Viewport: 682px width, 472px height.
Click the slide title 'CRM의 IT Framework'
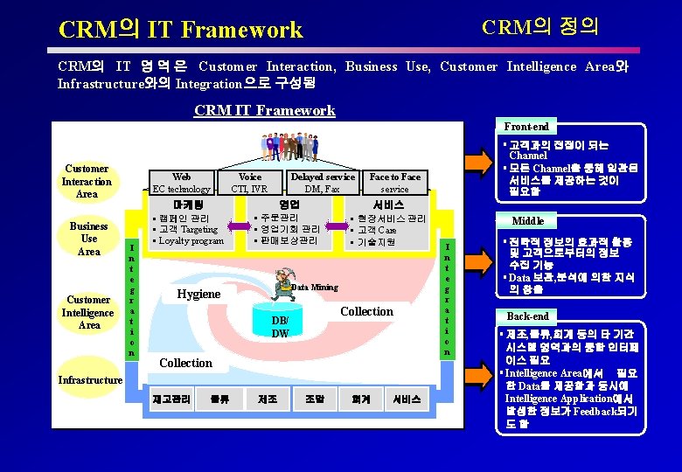click(x=180, y=30)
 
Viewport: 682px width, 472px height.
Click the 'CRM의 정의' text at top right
click(x=540, y=25)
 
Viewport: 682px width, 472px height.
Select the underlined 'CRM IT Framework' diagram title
click(x=264, y=110)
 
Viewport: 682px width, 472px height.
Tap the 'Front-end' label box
click(x=526, y=127)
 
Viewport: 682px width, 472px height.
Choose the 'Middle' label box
click(x=527, y=221)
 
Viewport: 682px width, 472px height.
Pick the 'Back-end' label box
click(x=528, y=316)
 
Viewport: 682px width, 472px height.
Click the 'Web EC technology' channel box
click(x=182, y=183)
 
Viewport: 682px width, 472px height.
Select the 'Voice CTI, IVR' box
click(x=249, y=183)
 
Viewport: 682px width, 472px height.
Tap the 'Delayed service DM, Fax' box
click(x=322, y=183)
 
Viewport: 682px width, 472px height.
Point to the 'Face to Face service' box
click(x=394, y=183)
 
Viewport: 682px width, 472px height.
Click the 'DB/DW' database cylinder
click(x=280, y=325)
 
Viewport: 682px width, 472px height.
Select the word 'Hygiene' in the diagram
click(x=198, y=294)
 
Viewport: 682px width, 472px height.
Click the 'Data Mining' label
click(x=314, y=287)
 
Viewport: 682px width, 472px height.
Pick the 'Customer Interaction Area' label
click(x=87, y=181)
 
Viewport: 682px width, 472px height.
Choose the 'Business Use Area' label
click(x=88, y=238)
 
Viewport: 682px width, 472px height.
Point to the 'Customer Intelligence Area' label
click(x=88, y=312)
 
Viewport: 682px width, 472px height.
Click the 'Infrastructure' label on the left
click(x=88, y=379)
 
